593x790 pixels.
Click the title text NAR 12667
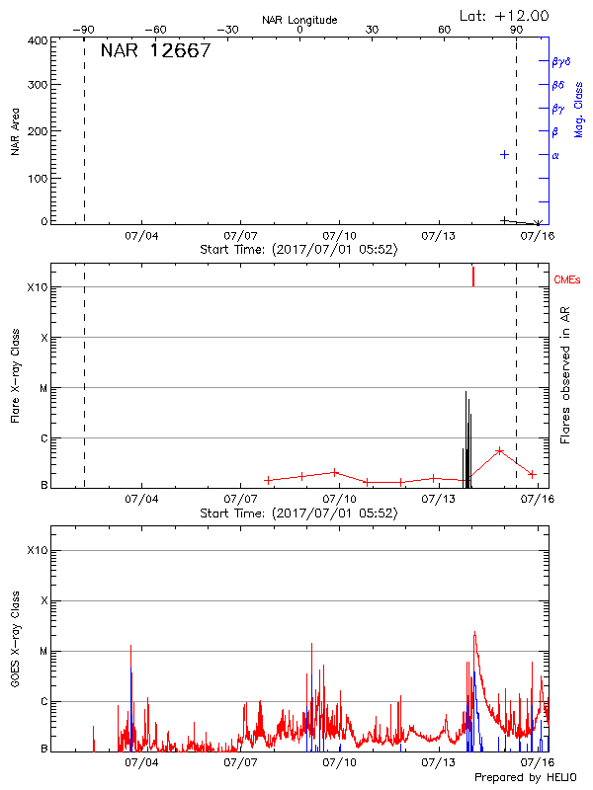tap(155, 51)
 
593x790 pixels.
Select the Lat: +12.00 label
tap(505, 16)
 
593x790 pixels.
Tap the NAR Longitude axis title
tap(299, 20)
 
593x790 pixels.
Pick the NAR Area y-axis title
tap(16, 131)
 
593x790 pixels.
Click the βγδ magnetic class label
tap(560, 61)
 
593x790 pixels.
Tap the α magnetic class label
tap(555, 155)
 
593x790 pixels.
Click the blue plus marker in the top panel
tap(504, 154)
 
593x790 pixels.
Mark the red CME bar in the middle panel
tap(473, 276)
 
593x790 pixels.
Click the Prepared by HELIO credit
tap(524, 778)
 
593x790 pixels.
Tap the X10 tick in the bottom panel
tap(37, 550)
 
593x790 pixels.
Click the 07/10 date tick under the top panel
tap(339, 236)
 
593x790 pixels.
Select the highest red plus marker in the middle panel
tap(500, 450)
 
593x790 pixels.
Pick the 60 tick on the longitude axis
tap(445, 31)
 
